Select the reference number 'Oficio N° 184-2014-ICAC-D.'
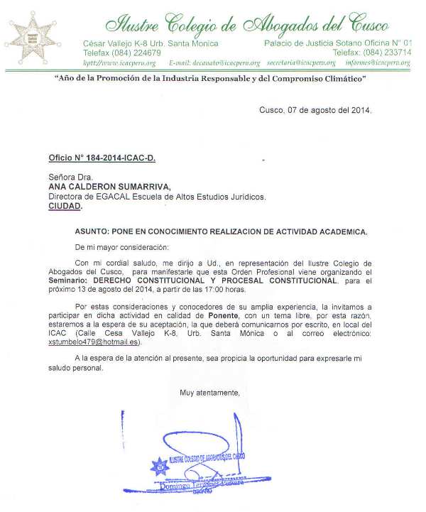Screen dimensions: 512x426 pos(102,157)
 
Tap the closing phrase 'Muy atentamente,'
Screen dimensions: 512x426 pos(209,393)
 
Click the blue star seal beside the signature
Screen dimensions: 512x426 pos(160,467)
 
